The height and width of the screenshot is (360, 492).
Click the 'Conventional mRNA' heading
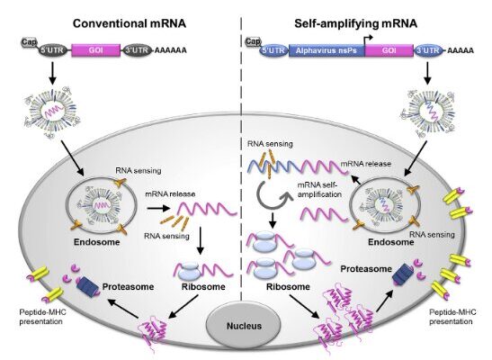[130, 23]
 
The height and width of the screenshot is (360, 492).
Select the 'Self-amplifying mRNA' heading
[356, 23]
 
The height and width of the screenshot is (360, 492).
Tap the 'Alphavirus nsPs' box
[327, 50]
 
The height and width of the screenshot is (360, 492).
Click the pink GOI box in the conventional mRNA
[96, 50]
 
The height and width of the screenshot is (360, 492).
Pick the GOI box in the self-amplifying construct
[389, 50]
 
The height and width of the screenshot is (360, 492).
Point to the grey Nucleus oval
[244, 326]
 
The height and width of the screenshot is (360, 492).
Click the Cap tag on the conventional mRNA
[29, 42]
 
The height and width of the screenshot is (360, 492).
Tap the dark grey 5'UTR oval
[53, 50]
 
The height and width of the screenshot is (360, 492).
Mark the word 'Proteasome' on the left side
[128, 286]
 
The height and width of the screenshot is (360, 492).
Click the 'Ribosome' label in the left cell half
[203, 286]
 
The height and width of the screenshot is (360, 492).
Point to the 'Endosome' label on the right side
[390, 242]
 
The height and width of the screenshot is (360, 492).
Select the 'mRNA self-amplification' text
[319, 189]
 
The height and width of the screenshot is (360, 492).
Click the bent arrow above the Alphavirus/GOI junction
[368, 40]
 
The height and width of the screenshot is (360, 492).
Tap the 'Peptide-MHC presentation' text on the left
[40, 317]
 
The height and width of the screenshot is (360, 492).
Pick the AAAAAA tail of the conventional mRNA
[171, 50]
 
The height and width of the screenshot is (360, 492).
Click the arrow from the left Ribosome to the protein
[183, 307]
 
